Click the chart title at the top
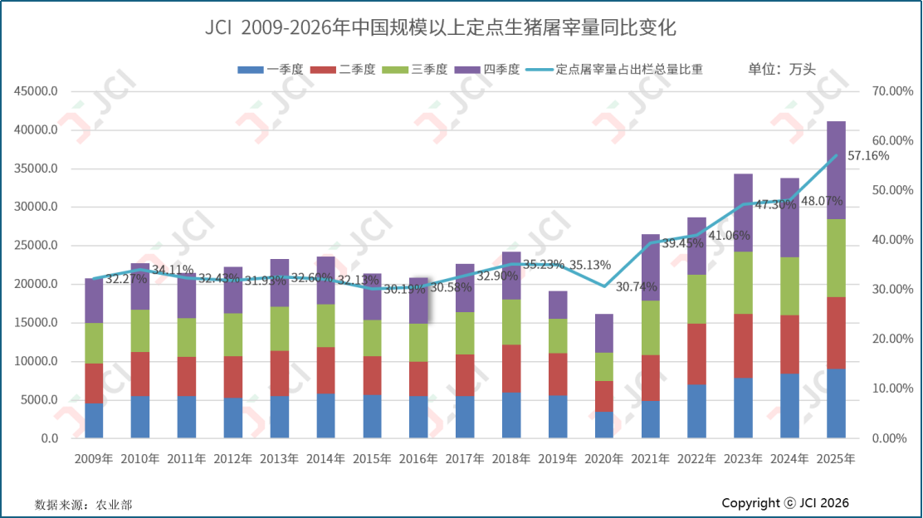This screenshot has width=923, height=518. click(x=441, y=28)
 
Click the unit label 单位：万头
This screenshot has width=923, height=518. click(x=782, y=70)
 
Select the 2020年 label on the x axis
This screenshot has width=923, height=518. click(x=603, y=458)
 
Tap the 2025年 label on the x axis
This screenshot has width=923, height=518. click(x=835, y=458)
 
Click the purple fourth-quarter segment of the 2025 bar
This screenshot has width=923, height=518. click(x=836, y=170)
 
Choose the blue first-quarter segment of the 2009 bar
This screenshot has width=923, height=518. click(x=94, y=421)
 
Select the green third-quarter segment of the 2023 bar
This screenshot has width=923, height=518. click(x=743, y=282)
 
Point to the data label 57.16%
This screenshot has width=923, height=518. click(x=867, y=156)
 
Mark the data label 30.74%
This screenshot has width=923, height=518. click(x=637, y=286)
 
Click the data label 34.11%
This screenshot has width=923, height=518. click(x=173, y=270)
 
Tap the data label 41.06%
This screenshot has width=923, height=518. click(x=729, y=235)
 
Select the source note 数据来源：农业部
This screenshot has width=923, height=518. click(x=83, y=504)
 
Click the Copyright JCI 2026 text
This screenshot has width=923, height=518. click(x=785, y=503)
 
